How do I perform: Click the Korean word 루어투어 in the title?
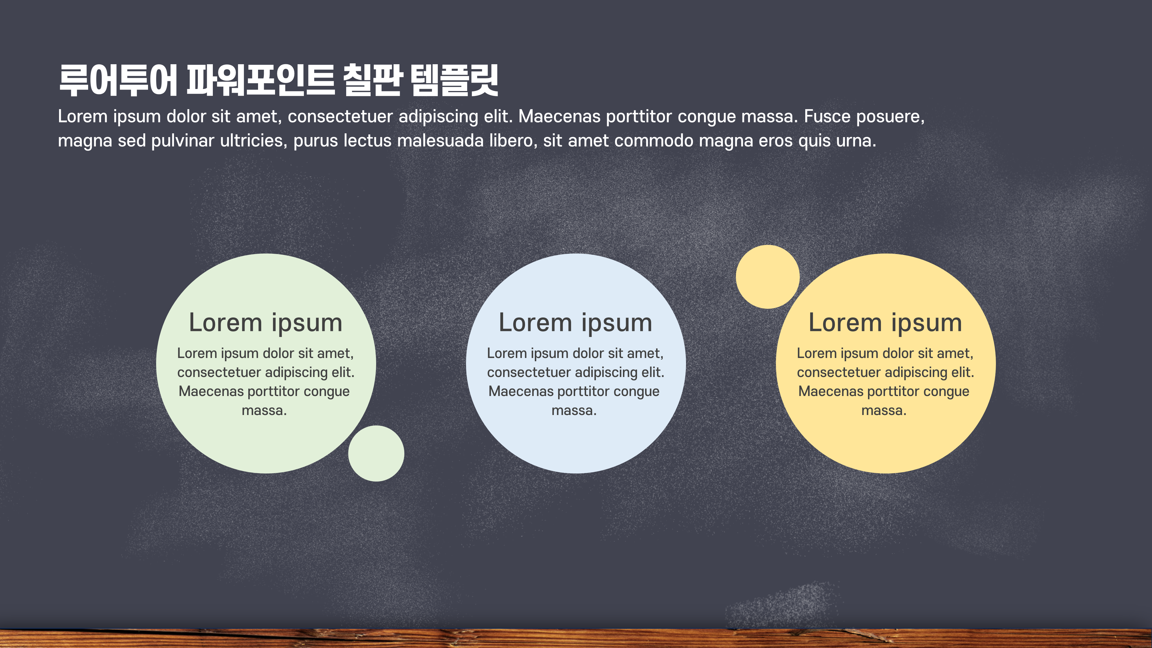click(x=118, y=81)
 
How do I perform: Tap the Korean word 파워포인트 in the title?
click(x=260, y=81)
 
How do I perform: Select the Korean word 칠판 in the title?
click(x=372, y=81)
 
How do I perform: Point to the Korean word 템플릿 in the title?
click(x=454, y=81)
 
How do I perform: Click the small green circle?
click(x=376, y=454)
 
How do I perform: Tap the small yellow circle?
click(x=768, y=277)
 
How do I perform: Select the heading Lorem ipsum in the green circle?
click(x=266, y=323)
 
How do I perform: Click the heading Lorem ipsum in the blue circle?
click(x=575, y=323)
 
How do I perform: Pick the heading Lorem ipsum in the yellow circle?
click(x=886, y=323)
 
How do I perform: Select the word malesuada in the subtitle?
click(x=440, y=141)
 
